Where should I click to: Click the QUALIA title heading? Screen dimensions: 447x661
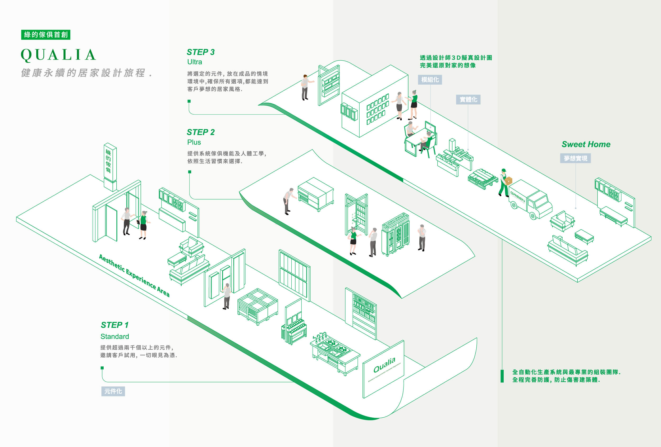pos(59,55)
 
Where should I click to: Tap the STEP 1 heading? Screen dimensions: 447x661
pos(115,325)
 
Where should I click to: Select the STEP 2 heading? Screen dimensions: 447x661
pos(200,132)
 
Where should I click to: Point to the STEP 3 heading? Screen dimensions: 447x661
pos(200,52)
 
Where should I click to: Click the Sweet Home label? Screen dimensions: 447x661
pos(586,144)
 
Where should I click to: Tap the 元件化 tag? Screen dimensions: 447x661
pos(113,391)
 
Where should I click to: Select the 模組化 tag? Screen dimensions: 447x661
pos(430,80)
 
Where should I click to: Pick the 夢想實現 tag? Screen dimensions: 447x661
pos(575,158)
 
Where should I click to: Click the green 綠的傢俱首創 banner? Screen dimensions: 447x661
pos(45,35)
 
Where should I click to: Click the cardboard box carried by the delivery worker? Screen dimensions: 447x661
pos(508,180)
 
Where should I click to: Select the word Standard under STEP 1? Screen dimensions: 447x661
pos(115,337)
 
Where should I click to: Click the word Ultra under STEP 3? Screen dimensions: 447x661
pos(195,62)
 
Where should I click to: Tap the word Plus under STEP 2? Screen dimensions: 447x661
pos(194,142)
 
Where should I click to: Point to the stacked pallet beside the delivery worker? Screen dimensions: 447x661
pos(482,179)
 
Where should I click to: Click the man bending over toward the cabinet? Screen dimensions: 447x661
pos(288,200)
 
